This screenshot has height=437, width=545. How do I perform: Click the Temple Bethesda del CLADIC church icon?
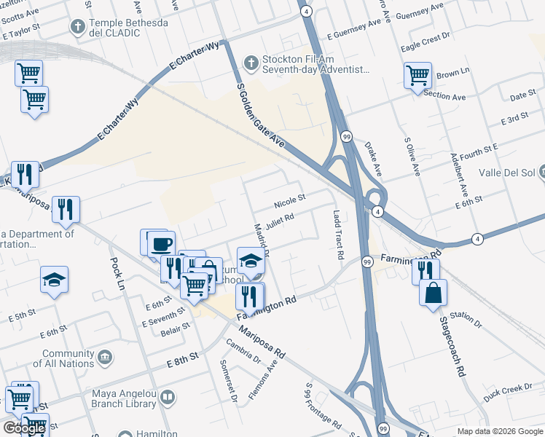point(78,28)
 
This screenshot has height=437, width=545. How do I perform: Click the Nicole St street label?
point(289,199)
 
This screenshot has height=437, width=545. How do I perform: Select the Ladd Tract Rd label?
point(337,236)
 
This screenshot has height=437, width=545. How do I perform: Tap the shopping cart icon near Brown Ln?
point(418,75)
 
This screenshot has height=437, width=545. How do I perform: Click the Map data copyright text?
point(499,431)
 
